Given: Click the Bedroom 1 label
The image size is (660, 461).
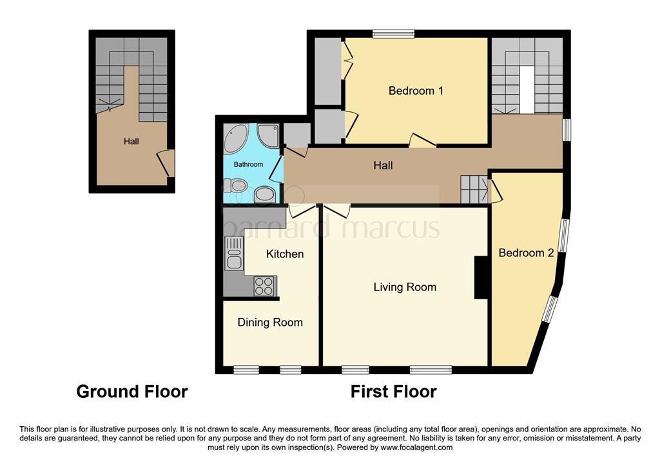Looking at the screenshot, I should [416, 91].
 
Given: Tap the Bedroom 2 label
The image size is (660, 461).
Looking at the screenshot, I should [526, 253].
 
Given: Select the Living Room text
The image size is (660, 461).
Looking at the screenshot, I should [405, 287].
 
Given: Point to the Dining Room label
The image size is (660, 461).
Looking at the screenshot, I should [270, 323].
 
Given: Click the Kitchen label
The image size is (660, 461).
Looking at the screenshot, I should [285, 254].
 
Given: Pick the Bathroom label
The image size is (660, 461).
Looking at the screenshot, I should [248, 165].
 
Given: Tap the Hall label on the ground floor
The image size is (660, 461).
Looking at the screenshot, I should [131, 142].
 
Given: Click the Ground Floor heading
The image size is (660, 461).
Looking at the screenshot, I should [132, 391].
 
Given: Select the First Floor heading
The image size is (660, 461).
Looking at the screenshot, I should [393, 391].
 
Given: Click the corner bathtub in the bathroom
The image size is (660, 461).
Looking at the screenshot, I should [236, 138].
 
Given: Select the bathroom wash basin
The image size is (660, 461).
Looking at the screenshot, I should [265, 194].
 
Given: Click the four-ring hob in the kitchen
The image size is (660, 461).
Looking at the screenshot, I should [264, 286].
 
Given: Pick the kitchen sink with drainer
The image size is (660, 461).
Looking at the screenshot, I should [233, 253].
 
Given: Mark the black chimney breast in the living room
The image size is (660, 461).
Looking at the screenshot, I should [481, 278].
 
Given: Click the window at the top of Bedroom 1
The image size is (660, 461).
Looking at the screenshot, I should [393, 33].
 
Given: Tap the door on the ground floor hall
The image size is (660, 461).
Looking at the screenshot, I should [167, 162].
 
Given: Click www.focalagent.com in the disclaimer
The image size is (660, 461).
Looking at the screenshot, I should [416, 447].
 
